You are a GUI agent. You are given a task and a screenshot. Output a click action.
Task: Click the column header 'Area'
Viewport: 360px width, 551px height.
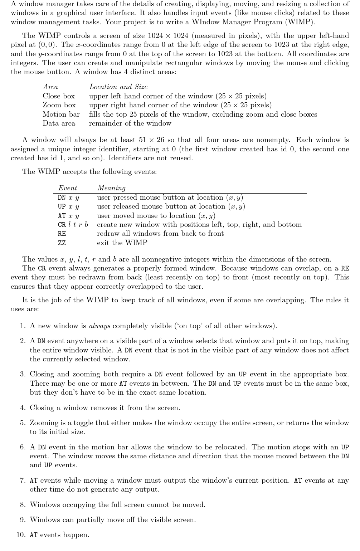coord(50,87)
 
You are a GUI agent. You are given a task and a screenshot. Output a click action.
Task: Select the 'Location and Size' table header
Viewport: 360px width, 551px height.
coord(118,87)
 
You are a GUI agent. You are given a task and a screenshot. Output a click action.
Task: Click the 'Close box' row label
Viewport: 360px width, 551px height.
coord(59,96)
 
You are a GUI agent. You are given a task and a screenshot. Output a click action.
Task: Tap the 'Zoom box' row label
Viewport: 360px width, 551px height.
coord(59,105)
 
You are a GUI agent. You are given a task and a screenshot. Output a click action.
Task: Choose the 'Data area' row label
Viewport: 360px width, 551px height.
coord(59,123)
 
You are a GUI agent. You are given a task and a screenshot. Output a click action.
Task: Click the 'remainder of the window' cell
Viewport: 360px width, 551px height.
coord(130,123)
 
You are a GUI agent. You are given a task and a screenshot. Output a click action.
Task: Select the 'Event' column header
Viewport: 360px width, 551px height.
coord(68,188)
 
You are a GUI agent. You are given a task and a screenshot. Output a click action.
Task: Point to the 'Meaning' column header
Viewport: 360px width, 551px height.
coord(111,188)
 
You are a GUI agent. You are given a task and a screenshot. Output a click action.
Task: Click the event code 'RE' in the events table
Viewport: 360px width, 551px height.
coord(62,234)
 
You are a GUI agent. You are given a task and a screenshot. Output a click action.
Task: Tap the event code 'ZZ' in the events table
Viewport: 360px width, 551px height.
coord(62,243)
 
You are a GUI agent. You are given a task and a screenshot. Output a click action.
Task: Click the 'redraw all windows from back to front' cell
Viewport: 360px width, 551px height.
coord(160,234)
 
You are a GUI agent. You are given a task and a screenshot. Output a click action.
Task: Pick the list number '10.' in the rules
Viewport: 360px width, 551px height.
coord(21,535)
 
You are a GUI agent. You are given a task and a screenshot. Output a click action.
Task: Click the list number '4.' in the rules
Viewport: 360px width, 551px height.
coord(23,408)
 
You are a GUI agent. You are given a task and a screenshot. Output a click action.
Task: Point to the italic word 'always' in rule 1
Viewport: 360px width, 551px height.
coord(99,326)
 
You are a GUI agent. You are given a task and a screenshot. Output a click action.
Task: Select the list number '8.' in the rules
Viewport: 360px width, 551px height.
coord(23,505)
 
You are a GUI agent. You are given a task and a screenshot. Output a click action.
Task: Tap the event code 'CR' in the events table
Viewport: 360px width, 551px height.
coord(62,225)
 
